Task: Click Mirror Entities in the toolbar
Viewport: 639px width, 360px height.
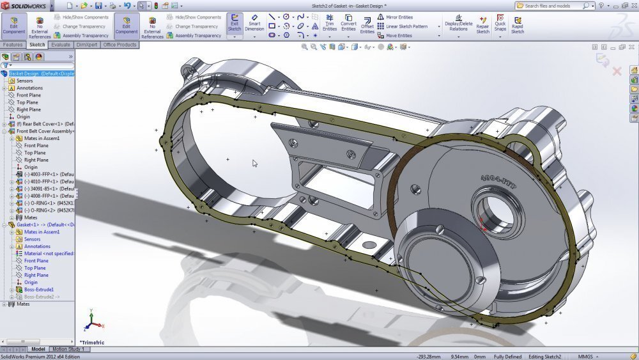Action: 399,17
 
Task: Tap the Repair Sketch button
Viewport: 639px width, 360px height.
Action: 482,25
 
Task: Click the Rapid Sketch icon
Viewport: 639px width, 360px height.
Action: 518,25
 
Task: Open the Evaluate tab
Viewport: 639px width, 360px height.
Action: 61,45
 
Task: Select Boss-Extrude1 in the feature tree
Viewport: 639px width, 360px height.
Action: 38,290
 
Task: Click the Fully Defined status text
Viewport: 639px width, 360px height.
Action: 507,356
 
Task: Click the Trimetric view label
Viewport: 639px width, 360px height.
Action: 93,342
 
